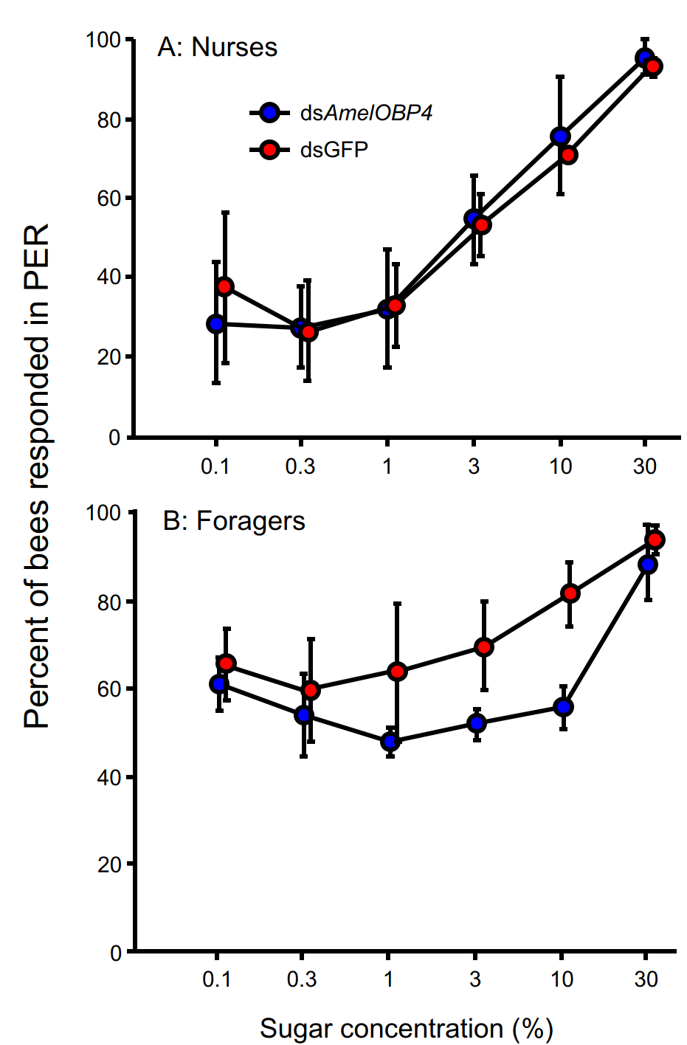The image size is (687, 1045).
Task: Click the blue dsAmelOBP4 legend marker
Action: pos(270,113)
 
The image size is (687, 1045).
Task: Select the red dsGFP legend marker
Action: pos(270,150)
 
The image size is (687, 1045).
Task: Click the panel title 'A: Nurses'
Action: pos(218,47)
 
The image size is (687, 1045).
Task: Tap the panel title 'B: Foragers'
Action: pos(234,521)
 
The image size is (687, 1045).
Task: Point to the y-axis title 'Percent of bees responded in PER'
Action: pos(36,476)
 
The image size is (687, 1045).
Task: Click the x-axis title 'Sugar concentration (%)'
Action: pos(407,1029)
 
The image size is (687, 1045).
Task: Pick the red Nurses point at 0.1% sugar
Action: pos(225,286)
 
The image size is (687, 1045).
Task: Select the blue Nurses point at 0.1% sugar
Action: pos(216,324)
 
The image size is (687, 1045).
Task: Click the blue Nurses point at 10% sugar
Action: pos(561,137)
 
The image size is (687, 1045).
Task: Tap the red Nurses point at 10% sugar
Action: pos(568,155)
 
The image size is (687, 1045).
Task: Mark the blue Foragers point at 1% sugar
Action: pos(390,742)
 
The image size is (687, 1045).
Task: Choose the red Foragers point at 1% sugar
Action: pos(397,672)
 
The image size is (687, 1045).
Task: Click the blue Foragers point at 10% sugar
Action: pos(563,707)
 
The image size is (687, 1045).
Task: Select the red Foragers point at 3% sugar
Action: pos(484,647)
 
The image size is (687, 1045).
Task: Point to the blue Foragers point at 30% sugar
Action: pos(648,565)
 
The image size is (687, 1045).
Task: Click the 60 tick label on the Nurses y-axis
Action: pos(108,199)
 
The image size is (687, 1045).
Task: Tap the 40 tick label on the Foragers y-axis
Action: pos(108,777)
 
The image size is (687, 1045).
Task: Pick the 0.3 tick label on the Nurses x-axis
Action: pos(300,466)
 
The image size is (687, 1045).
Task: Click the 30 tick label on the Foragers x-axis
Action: pos(646,979)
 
